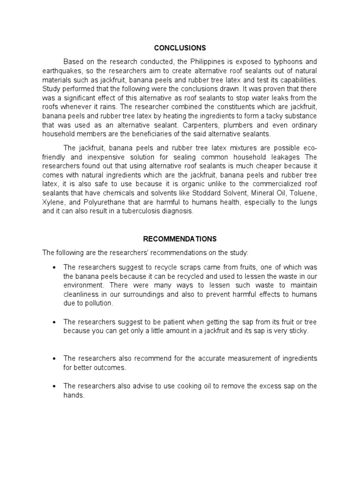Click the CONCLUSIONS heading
click(x=180, y=48)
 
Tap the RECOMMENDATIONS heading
click(x=180, y=239)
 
